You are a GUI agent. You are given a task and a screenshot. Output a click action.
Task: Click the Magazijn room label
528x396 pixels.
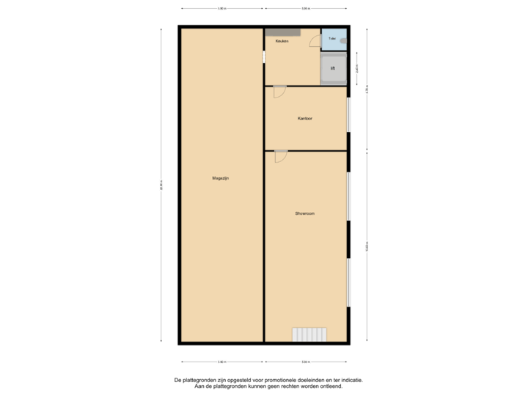click(221, 178)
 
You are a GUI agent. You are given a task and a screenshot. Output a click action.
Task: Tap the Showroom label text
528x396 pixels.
click(304, 213)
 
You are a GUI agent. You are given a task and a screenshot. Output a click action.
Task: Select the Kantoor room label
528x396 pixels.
click(305, 118)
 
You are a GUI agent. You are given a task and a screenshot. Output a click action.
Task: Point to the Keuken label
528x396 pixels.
click(282, 41)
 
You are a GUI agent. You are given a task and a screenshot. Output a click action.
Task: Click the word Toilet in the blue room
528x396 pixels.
click(332, 38)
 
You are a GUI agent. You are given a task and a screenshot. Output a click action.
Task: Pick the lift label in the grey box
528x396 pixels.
click(332, 68)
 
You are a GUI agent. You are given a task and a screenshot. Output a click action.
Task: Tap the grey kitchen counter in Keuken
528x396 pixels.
click(282, 32)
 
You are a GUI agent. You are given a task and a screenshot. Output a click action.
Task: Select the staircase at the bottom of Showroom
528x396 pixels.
click(309, 334)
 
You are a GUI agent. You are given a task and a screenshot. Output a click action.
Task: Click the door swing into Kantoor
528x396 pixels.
click(279, 92)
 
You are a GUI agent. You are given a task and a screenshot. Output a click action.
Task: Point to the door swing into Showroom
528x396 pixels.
click(281, 156)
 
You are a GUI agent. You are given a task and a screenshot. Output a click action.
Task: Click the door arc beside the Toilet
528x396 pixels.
click(315, 43)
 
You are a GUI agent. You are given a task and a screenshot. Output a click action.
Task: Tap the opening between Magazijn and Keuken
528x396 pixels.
click(264, 57)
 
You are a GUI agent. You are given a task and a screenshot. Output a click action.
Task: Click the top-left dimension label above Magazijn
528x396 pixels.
click(221, 10)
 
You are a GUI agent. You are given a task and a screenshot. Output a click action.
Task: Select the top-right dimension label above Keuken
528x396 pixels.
click(306, 10)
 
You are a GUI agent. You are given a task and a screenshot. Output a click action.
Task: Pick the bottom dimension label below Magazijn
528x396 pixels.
click(221, 361)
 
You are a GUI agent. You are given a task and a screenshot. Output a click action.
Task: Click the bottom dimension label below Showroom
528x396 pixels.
click(306, 361)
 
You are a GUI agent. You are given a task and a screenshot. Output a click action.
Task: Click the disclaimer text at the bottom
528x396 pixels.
click(268, 383)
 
